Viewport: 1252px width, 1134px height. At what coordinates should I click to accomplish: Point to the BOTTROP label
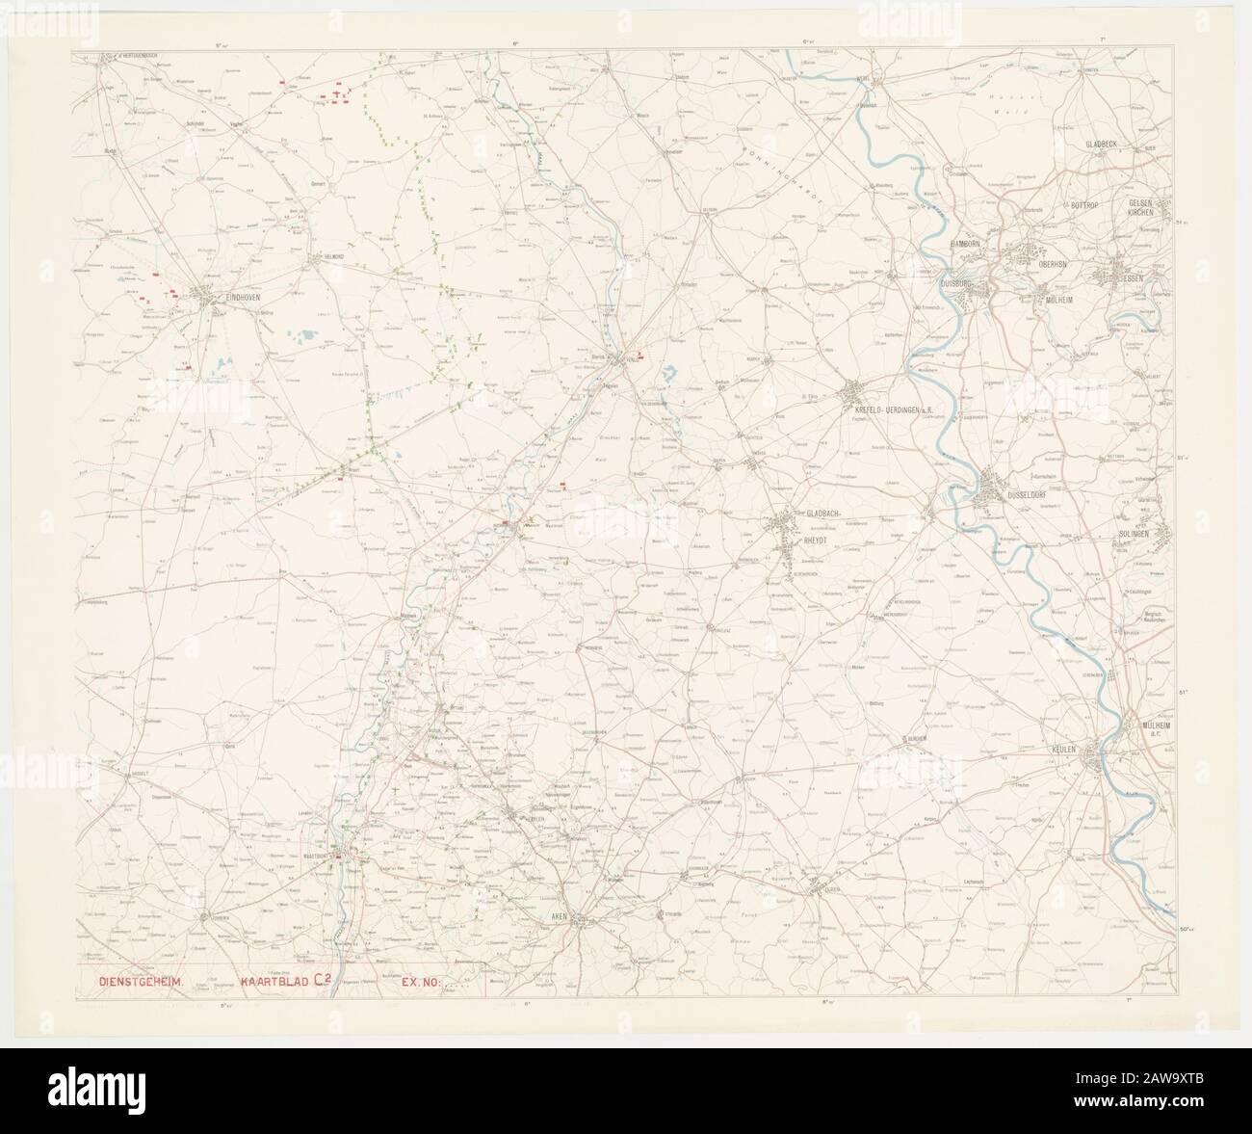[x=1089, y=205]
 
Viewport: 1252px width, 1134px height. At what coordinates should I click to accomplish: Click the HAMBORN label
[x=965, y=245]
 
